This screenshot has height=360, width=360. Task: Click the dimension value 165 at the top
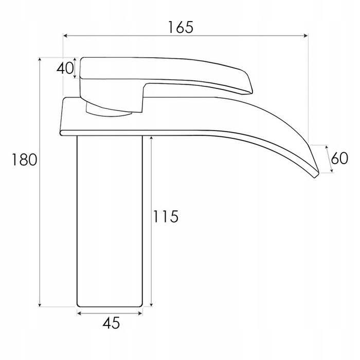coord(181,27)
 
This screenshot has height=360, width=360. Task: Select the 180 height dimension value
coord(24,160)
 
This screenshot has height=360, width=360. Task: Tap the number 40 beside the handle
coord(65,68)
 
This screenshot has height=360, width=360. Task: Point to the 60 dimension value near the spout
coord(339,158)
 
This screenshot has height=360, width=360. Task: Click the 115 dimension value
coord(166,217)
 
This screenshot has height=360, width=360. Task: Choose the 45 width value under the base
coord(111,323)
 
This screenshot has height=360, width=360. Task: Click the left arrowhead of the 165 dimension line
coord(65,35)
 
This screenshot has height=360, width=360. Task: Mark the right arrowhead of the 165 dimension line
coord(305,35)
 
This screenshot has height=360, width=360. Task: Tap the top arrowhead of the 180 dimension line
coord(40,59)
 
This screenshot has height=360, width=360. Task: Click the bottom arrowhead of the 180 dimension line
coord(40,304)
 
